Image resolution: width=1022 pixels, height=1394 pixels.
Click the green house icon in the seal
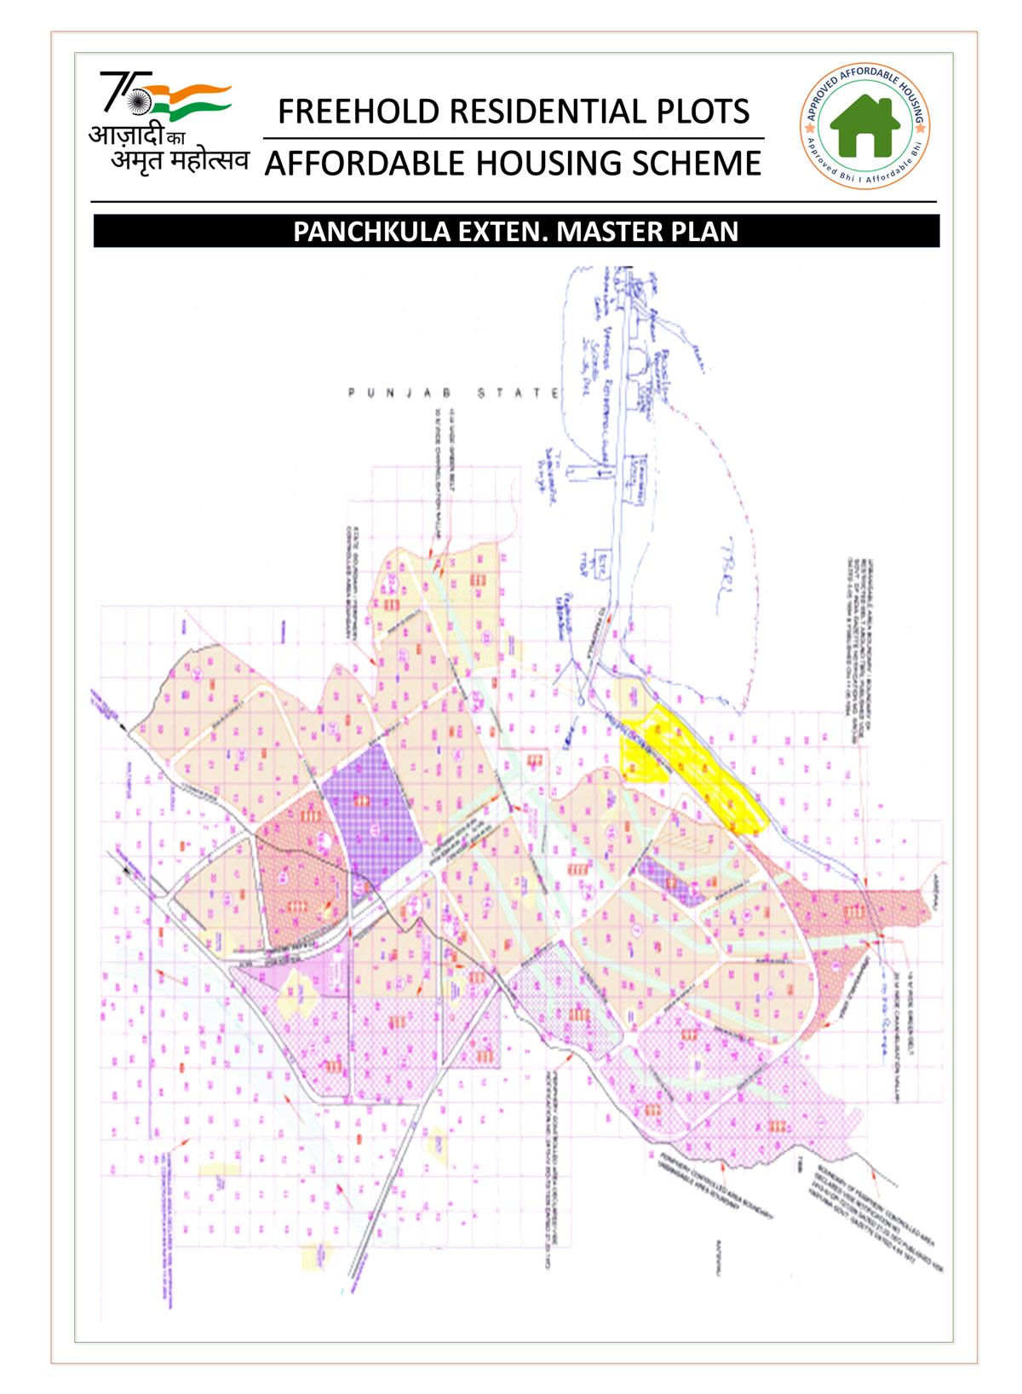tap(865, 125)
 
